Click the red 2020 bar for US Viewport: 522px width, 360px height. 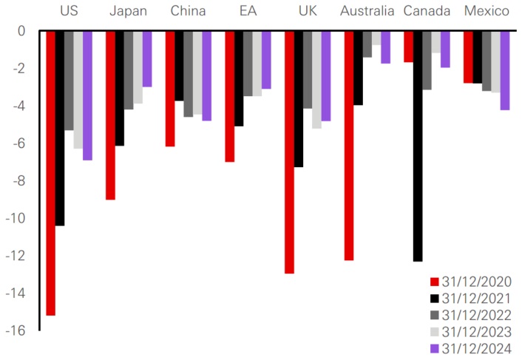(50, 173)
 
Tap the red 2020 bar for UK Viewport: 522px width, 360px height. (289, 152)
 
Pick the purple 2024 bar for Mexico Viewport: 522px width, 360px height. (504, 70)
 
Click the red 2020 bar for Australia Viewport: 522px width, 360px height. (349, 146)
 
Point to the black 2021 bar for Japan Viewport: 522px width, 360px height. (119, 88)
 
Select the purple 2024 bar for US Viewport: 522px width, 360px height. (87, 95)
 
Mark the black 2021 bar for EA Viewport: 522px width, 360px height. (239, 78)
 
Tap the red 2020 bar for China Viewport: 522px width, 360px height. (170, 89)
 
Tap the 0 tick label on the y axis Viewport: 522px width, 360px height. (22, 32)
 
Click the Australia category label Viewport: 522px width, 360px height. (367, 11)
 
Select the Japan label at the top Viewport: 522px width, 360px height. (128, 11)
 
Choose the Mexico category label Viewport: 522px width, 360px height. (487, 11)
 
